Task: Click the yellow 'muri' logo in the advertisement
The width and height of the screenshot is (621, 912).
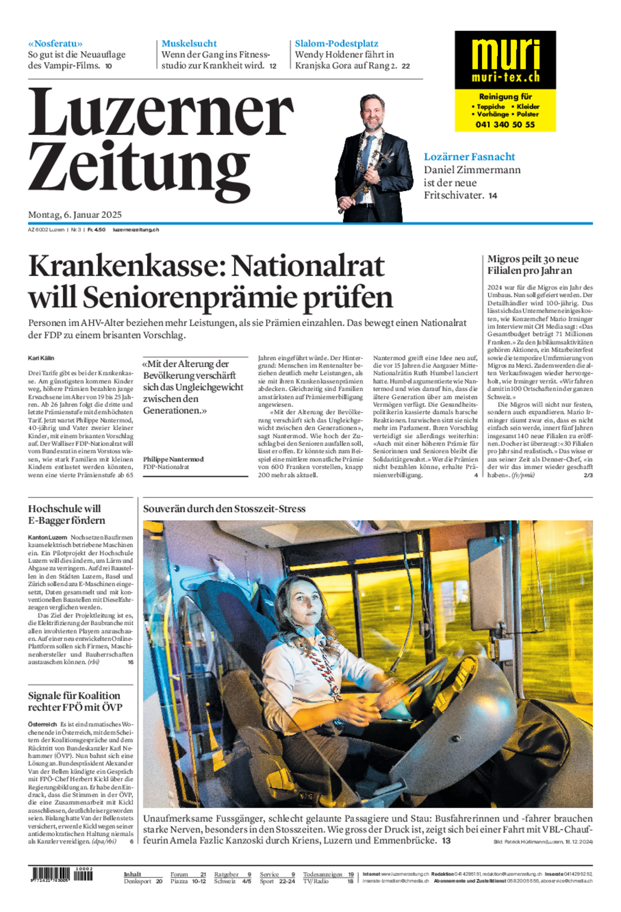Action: coord(505,54)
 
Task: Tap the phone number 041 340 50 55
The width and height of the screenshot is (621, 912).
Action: coord(505,125)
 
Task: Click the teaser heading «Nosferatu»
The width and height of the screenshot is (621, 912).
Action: coord(56,44)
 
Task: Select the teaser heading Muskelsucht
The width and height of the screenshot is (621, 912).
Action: coord(189,44)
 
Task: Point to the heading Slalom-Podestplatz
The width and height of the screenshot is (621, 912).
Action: coord(336,44)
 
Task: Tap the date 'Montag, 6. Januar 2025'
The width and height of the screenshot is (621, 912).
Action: coord(75,215)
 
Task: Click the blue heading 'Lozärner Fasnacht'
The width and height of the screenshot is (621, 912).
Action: coord(469,157)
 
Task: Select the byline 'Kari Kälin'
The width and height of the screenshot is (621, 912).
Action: coord(41,358)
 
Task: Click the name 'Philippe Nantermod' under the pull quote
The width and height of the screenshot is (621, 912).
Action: coord(173,459)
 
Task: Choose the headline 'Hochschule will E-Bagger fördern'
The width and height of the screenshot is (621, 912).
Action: coord(66,515)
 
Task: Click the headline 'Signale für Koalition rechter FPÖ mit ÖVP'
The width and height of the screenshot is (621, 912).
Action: coord(75,701)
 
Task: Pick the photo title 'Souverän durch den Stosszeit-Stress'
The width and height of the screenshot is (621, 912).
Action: coord(224,509)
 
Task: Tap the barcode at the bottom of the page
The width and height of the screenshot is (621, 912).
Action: coord(62,874)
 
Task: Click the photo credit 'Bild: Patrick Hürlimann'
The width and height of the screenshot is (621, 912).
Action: coord(543,842)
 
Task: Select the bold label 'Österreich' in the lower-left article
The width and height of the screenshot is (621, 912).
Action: coord(42,725)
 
